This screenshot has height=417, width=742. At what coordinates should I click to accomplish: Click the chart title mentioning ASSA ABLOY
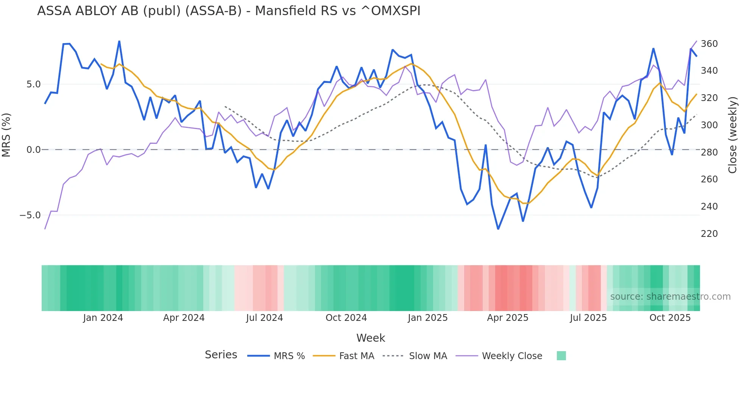coord(229,11)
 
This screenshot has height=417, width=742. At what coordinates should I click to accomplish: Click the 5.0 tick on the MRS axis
coord(33,84)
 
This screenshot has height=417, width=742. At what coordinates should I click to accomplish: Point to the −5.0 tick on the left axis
coord(30,215)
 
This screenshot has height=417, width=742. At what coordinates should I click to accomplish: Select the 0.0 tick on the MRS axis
coord(33,150)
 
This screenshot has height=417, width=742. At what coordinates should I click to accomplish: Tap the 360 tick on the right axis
coord(709,44)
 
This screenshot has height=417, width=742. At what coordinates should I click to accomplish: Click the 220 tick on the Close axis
coord(709,234)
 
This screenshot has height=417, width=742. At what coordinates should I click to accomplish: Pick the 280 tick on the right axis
coord(709,152)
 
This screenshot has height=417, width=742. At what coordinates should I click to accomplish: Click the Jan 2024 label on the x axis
coord(103,318)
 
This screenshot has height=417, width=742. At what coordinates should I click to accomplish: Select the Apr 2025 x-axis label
coord(507,318)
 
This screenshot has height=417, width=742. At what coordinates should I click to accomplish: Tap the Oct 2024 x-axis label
coord(346,318)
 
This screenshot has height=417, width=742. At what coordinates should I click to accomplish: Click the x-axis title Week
coord(371,338)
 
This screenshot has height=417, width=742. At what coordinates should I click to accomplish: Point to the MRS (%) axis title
coord(6,135)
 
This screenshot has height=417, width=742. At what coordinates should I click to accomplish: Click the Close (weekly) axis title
coord(733,135)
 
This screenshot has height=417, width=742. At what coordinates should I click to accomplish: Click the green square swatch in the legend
coord(561,356)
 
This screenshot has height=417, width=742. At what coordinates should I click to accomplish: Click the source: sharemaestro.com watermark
coord(670,297)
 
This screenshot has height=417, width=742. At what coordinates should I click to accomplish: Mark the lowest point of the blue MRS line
coord(498,229)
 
